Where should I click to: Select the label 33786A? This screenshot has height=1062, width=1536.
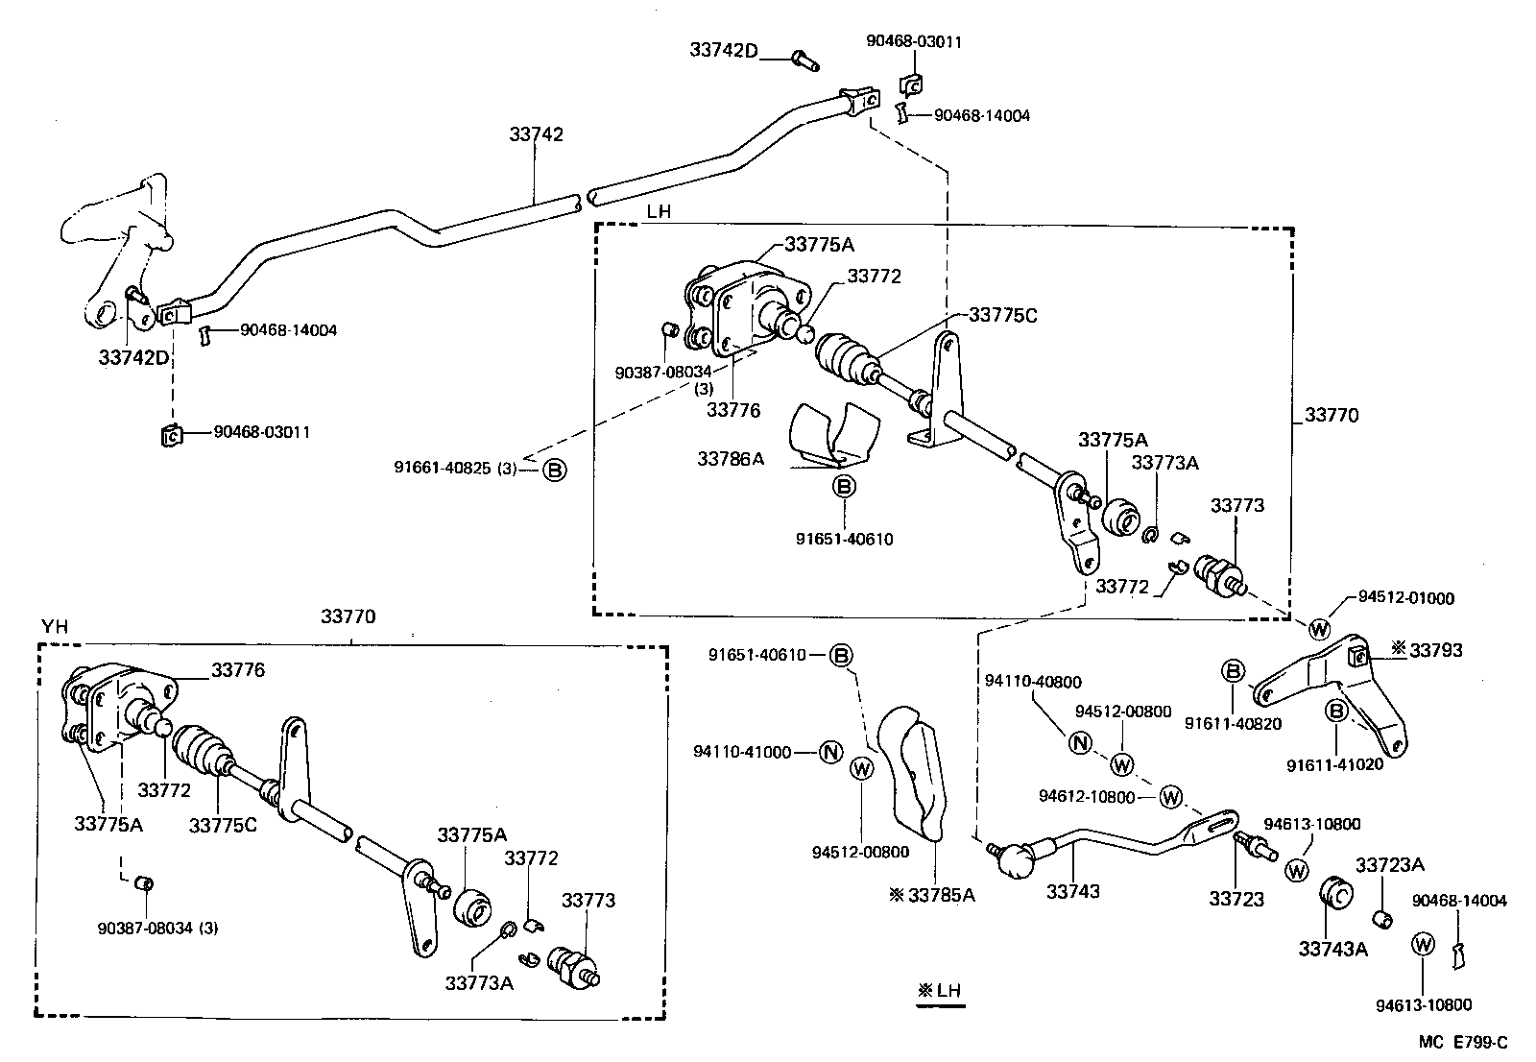click(x=731, y=459)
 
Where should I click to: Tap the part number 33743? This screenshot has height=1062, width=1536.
click(x=1072, y=891)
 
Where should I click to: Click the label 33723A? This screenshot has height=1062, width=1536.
click(x=1389, y=865)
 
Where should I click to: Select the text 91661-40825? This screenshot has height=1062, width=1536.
click(x=442, y=469)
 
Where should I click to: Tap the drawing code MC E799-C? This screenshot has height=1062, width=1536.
click(x=1464, y=1043)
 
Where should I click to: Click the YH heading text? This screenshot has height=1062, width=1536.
click(x=55, y=627)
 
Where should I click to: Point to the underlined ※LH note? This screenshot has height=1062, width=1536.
click(x=940, y=991)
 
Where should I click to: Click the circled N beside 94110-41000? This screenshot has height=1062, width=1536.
click(x=831, y=752)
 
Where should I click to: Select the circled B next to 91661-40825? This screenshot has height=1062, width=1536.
click(x=556, y=470)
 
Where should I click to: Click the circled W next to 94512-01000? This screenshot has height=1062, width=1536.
click(x=1319, y=629)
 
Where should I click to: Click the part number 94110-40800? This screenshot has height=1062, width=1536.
click(x=1033, y=682)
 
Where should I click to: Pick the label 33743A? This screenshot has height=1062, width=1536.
click(x=1332, y=949)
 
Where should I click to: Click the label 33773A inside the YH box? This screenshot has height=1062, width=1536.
click(x=479, y=982)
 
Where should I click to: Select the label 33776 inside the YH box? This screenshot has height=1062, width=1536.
click(x=238, y=670)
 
